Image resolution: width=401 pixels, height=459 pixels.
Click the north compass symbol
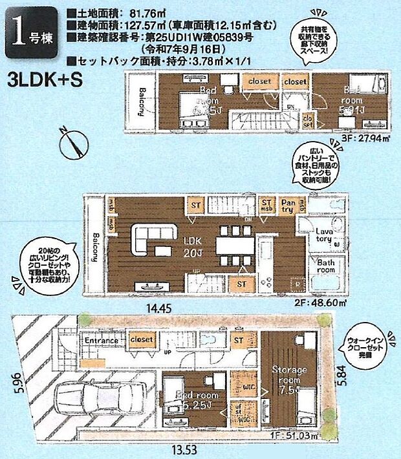72,144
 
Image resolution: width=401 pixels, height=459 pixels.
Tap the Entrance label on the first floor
100,341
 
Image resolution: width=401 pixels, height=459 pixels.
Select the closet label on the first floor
142,339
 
